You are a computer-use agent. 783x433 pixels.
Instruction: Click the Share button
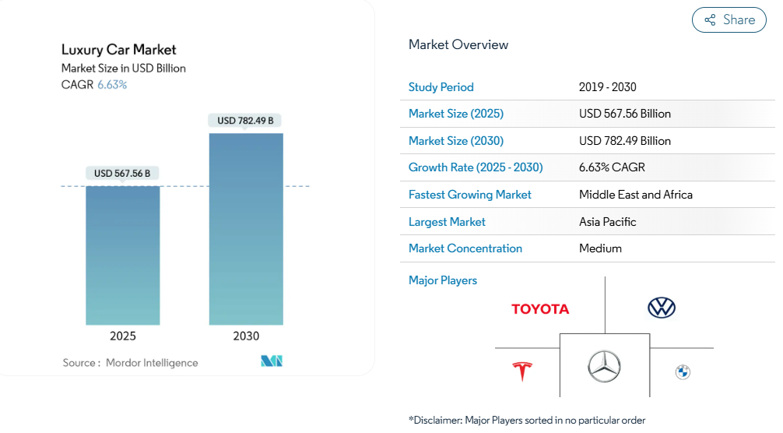coord(729,20)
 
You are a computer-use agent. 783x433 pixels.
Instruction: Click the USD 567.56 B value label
coord(122,174)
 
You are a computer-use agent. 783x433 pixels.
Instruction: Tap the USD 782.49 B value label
coord(245,121)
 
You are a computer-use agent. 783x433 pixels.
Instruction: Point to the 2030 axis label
coord(246,336)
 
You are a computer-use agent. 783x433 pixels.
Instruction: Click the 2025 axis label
coord(122,336)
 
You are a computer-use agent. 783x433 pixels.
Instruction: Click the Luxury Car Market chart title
coord(119,51)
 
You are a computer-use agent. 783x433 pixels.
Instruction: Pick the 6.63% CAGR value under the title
coord(112,85)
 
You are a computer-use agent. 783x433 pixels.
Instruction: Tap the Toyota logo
coord(540,309)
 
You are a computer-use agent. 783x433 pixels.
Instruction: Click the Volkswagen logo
coord(662,308)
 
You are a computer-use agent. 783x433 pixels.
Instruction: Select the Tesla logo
coord(521,371)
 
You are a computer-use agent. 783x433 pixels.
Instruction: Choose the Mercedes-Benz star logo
coord(604,366)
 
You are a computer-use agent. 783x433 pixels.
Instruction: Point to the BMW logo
coord(683,372)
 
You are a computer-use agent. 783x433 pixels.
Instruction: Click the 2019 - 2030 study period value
coord(607,87)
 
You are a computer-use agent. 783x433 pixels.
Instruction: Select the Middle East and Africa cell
coord(635,195)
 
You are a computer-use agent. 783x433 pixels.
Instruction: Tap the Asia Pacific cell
coord(607,222)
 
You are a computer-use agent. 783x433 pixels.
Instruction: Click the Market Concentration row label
coord(465,248)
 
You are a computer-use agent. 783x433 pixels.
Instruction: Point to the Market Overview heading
coord(458,44)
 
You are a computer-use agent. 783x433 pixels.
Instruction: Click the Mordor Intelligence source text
coord(152,363)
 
